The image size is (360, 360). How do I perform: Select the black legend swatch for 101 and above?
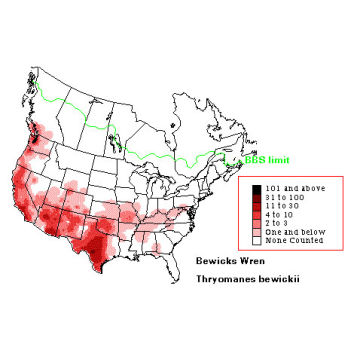(258, 189)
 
